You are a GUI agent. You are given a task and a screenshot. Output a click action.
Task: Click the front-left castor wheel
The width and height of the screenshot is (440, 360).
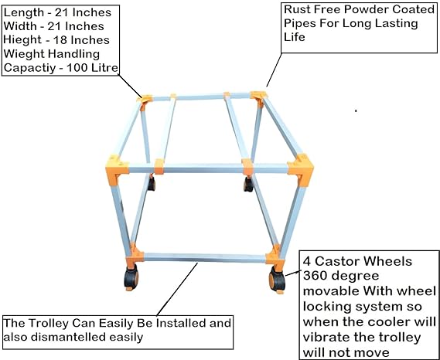click(x=131, y=277)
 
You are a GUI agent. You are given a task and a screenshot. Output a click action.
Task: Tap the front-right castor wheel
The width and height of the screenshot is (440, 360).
click(x=277, y=280)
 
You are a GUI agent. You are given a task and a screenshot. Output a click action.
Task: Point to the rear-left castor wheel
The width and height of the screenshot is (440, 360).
click(x=152, y=183)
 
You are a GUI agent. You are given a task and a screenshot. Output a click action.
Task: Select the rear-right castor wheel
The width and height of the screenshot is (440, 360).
click(x=248, y=184)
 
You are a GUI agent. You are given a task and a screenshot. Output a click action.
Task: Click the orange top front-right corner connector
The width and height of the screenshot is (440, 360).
click(x=301, y=169)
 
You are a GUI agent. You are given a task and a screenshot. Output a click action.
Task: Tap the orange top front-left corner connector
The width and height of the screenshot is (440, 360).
click(x=117, y=169)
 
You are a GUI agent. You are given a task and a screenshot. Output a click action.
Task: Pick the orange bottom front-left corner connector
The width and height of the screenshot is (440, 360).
click(x=135, y=256)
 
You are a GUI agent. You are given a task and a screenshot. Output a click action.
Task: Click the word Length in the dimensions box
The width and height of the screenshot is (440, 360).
click(x=24, y=13)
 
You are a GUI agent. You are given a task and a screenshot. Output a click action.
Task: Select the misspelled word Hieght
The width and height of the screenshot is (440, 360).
click(x=22, y=40)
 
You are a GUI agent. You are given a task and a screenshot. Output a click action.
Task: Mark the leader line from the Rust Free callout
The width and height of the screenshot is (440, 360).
click(x=274, y=70)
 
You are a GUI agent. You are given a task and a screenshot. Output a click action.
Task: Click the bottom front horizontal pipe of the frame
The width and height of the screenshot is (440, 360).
click(x=205, y=258)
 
